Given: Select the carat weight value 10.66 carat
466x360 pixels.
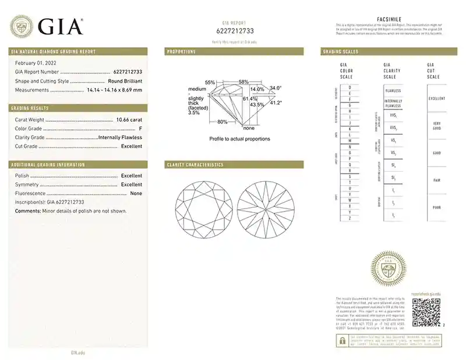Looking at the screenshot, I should click(129, 119).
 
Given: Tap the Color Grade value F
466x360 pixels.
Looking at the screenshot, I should click(140, 128).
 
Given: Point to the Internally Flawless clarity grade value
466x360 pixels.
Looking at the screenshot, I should click(120, 137).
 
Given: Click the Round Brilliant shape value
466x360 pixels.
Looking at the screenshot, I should click(125, 81).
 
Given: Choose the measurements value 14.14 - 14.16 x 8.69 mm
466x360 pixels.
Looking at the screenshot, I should click(114, 90).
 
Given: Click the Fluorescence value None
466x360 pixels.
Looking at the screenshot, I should click(136, 193).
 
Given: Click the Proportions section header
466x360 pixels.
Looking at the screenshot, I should click(181, 52).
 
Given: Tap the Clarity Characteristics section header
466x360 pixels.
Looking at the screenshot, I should click(195, 165).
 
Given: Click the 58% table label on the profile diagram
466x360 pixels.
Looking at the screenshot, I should click(243, 82).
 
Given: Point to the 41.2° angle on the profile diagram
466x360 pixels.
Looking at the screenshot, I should click(275, 103).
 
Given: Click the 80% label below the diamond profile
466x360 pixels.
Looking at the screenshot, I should click(222, 122).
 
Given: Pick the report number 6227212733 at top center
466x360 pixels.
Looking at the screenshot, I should click(233, 31).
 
